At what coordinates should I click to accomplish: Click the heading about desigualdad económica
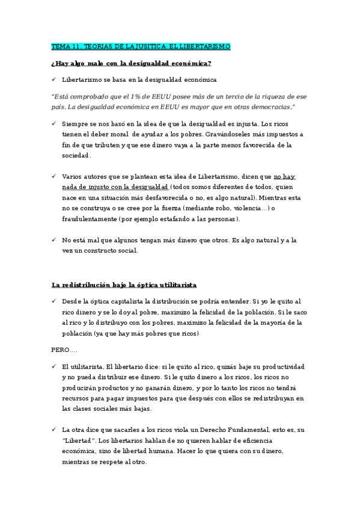click(131, 63)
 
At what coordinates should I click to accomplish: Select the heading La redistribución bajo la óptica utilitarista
click(124, 284)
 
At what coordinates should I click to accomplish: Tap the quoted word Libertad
click(79, 440)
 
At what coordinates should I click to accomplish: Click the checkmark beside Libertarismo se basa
click(54, 79)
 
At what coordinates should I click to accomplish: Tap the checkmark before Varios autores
click(54, 177)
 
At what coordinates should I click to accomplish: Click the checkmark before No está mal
click(54, 241)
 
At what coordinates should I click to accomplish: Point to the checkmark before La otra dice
click(54, 429)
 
